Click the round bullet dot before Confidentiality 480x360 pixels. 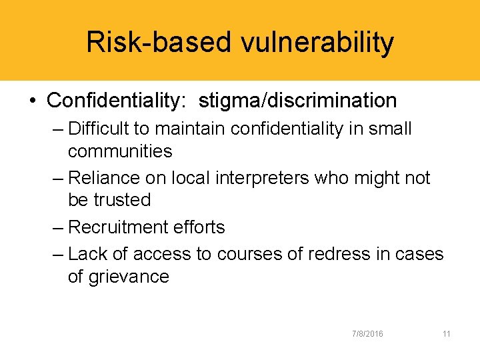tap(33, 101)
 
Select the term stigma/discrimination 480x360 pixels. tap(298, 101)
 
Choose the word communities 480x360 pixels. tap(120, 151)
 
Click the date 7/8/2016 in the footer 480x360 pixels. tap(368, 333)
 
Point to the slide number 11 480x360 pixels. tap(446, 333)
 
